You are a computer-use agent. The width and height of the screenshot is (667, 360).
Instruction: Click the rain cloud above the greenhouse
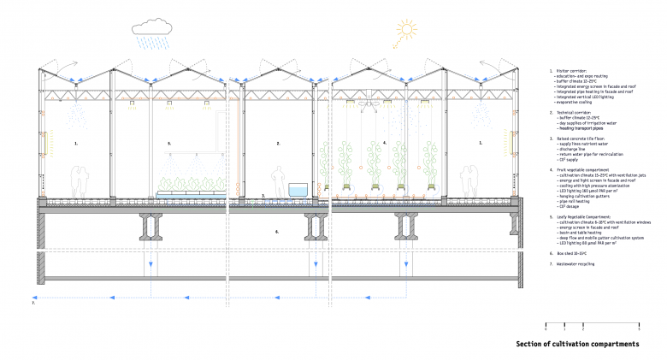(x=152, y=31)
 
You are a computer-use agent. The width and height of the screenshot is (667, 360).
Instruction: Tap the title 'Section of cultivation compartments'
(x=577, y=344)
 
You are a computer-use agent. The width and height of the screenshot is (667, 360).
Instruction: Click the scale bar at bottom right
(x=593, y=324)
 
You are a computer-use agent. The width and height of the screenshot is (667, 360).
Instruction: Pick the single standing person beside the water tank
(x=276, y=180)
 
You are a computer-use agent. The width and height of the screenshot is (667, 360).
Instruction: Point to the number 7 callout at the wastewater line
(x=33, y=302)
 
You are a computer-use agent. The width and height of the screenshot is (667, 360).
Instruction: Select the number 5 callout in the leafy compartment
(x=169, y=144)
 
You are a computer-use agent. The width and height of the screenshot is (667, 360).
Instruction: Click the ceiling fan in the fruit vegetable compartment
(x=370, y=103)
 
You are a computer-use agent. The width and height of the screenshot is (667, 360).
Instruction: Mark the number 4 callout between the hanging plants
(x=384, y=144)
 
